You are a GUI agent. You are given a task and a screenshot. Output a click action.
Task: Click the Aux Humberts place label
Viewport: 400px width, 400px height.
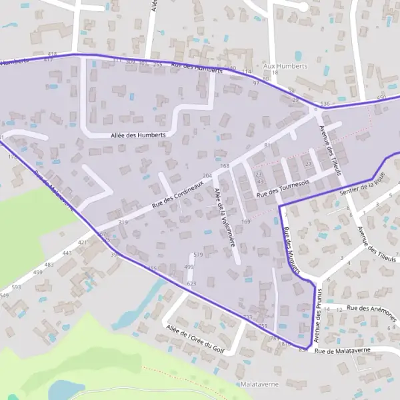pyautogui.click(x=285, y=67)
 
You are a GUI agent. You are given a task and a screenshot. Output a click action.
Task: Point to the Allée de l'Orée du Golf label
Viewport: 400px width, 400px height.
pyautogui.click(x=195, y=336)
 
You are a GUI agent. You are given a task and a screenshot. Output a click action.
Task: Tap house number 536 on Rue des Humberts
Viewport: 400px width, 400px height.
pyautogui.click(x=325, y=104)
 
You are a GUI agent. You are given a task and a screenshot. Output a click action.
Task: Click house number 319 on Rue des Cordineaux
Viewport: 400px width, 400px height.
pyautogui.click(x=123, y=222)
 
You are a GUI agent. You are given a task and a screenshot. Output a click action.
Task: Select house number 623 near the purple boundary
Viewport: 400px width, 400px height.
pyautogui.click(x=192, y=283)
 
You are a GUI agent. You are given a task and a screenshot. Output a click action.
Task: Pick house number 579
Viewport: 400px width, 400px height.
pyautogui.click(x=197, y=255)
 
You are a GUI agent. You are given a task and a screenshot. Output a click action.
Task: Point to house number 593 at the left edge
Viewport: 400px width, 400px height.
pyautogui.click(x=16, y=288)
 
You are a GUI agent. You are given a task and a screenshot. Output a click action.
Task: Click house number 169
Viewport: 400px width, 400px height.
pyautogui.click(x=246, y=221)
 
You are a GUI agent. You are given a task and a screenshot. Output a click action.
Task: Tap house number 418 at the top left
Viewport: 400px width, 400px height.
pyautogui.click(x=53, y=54)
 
